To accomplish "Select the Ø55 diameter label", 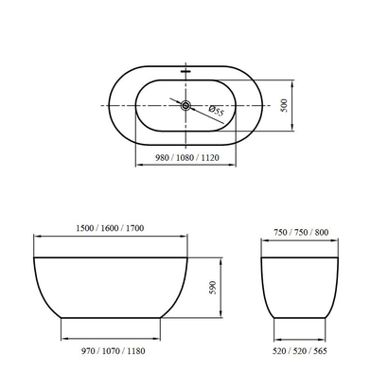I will (x=217, y=113).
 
